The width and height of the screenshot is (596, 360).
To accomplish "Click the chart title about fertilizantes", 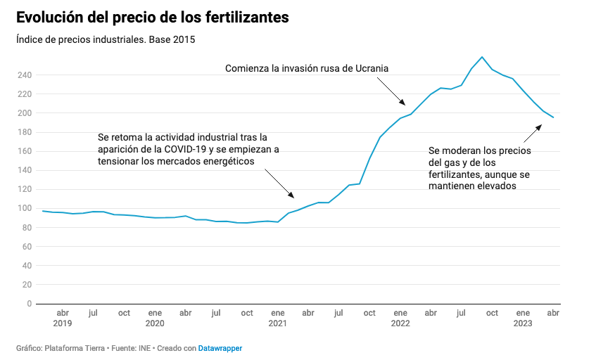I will pyautogui.click(x=152, y=18).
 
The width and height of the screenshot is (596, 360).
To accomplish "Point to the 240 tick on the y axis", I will pyautogui.click(x=24, y=75).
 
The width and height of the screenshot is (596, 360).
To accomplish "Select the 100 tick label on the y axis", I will pyautogui.click(x=24, y=208).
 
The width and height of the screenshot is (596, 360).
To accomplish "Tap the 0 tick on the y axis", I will pyautogui.click(x=28, y=304).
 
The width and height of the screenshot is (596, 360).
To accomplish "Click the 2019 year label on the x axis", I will pyautogui.click(x=62, y=323).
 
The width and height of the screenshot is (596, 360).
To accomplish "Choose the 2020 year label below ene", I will pyautogui.click(x=155, y=323).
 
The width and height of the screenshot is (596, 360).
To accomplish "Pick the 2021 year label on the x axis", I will pyautogui.click(x=277, y=323).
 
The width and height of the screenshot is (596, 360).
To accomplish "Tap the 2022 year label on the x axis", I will pyautogui.click(x=400, y=323).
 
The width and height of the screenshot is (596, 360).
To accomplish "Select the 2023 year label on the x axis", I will pyautogui.click(x=523, y=323).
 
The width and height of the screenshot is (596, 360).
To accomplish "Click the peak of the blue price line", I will pyautogui.click(x=482, y=57).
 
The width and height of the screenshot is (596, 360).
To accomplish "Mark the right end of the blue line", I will pyautogui.click(x=553, y=117).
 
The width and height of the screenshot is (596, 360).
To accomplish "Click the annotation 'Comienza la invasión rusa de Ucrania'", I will pyautogui.click(x=307, y=68).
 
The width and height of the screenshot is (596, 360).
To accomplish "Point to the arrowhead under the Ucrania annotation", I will pyautogui.click(x=403, y=104).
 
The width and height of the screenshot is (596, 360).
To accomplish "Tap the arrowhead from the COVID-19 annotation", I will pyautogui.click(x=293, y=196).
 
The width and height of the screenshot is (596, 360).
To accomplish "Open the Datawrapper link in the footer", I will pyautogui.click(x=220, y=348).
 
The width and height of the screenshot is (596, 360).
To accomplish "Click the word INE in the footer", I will pyautogui.click(x=146, y=348).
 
